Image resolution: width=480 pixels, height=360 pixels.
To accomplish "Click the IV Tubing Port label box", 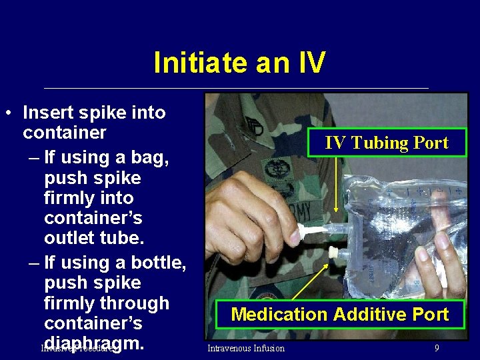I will click(x=386, y=142).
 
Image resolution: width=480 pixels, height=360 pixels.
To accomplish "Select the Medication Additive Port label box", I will click(x=339, y=314).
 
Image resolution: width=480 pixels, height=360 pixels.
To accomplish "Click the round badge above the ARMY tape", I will click(x=275, y=169).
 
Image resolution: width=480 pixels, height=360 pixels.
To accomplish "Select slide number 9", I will click(x=436, y=348).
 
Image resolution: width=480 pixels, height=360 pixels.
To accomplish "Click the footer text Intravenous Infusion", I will click(x=245, y=348).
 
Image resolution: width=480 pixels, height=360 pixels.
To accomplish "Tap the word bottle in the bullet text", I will click(x=159, y=263).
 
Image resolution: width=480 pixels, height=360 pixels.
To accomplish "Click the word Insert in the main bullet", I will click(x=51, y=112).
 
